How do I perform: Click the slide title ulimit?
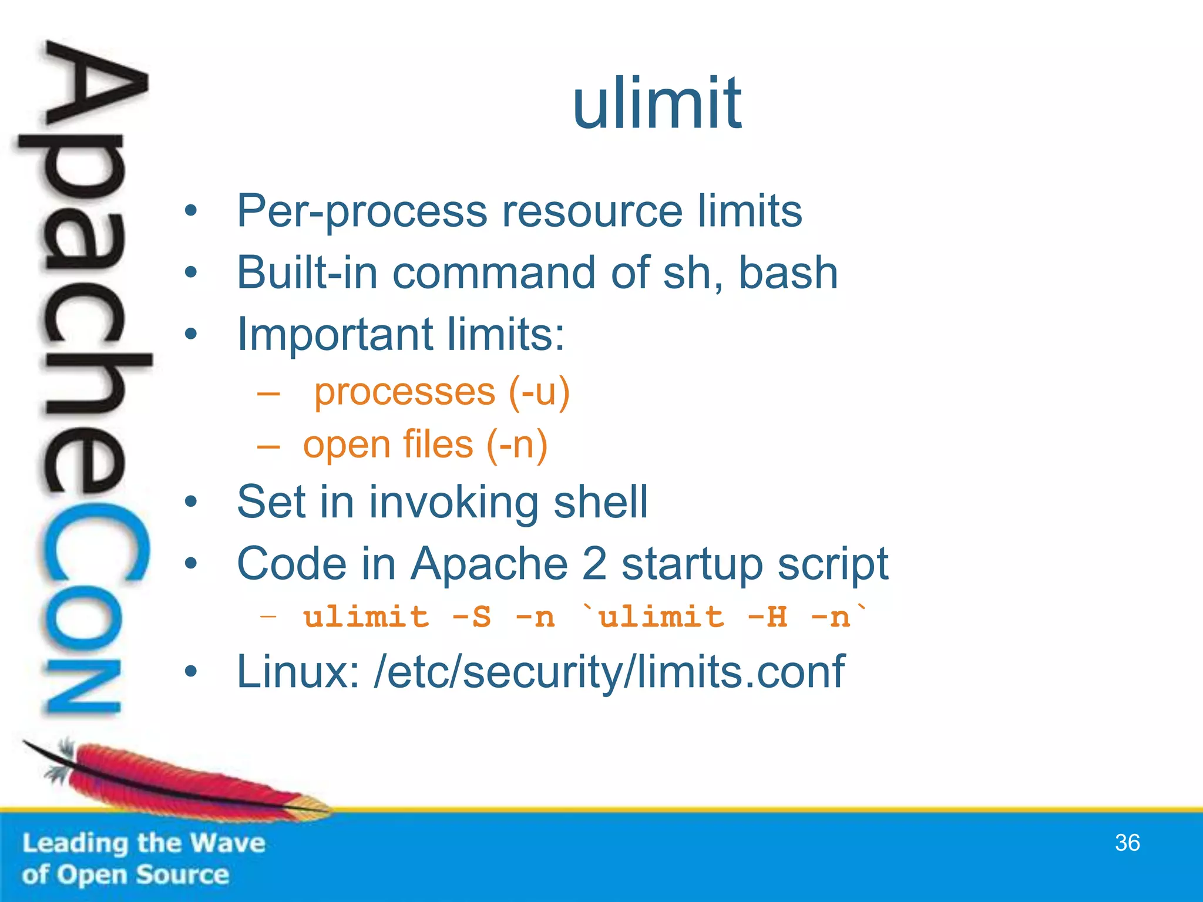click(x=657, y=104)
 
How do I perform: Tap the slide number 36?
click(x=1127, y=843)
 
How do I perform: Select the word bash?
click(x=788, y=273)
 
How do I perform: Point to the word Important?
click(x=335, y=335)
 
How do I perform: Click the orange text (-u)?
click(x=539, y=392)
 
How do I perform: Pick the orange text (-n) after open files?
click(x=517, y=445)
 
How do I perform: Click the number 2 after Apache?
click(x=594, y=564)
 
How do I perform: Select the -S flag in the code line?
click(x=471, y=617)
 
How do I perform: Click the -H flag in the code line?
click(x=767, y=617)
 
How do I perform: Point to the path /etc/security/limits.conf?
click(x=609, y=672)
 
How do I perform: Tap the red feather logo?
click(x=176, y=781)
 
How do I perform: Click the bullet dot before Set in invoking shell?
click(x=190, y=503)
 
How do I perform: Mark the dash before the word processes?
click(x=268, y=393)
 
